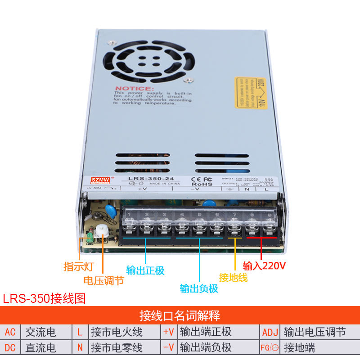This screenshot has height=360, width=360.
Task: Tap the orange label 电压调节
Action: [103, 280]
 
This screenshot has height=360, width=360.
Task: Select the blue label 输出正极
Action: [145, 270]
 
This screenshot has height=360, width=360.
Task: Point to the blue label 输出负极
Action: [199, 288]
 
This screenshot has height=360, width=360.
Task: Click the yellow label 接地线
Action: [233, 277]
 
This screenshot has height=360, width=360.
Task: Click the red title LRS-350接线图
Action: [44, 298]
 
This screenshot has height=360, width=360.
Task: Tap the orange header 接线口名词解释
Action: [180, 315]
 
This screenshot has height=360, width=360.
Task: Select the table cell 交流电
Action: [40, 332]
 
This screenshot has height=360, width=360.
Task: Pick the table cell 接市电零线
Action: [117, 347]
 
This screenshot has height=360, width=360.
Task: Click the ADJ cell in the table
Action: [270, 332]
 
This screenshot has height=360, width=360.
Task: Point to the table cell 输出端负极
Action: [206, 347]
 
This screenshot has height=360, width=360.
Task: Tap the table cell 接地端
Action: [299, 347]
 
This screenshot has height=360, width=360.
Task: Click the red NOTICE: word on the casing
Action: [134, 89]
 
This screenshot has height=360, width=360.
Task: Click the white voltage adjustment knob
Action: [100, 230]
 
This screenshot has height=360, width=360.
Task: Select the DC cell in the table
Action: [10, 347]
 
